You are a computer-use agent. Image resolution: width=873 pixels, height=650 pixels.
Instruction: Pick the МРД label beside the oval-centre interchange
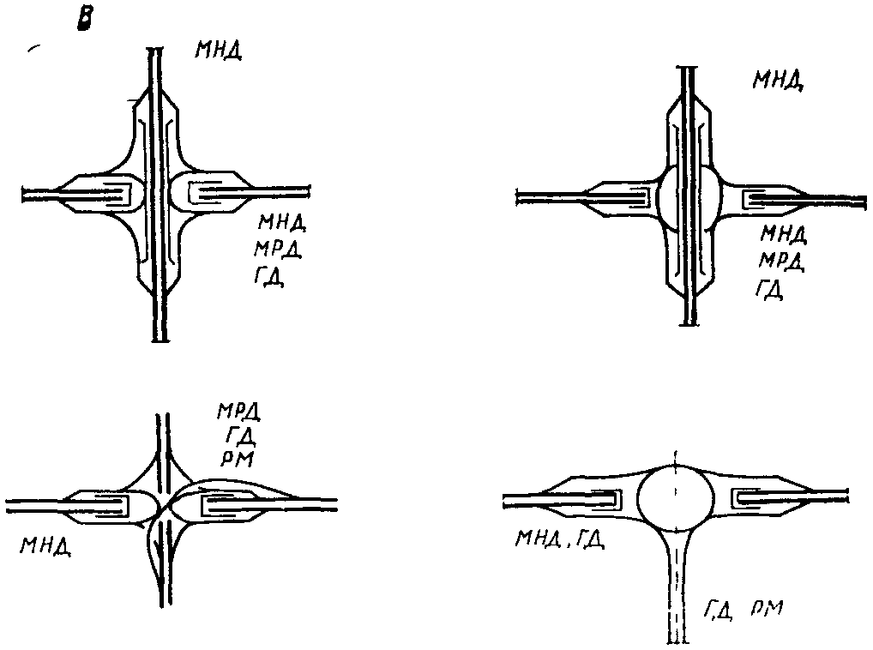click(782, 261)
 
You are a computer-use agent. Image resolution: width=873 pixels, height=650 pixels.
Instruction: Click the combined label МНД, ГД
click(558, 539)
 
